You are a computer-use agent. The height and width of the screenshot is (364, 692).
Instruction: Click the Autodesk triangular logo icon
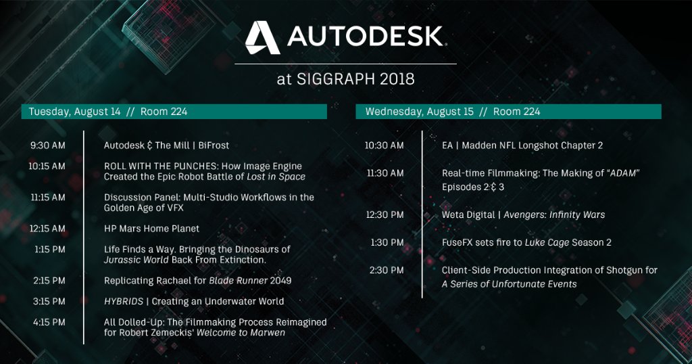coord(262,38)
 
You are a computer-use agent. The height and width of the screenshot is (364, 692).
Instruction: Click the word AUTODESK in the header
coord(365,37)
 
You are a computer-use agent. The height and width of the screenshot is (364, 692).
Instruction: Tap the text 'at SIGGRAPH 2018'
coord(345,78)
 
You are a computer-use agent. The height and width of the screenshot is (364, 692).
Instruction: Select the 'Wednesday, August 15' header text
coord(418,112)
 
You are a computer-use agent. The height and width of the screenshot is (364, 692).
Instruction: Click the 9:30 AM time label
coord(48,145)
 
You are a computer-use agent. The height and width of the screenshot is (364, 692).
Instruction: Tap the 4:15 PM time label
coord(49,323)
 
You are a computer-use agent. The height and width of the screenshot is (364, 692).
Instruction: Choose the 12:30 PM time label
coord(385,214)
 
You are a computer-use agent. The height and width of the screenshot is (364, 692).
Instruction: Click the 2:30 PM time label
coord(387,271)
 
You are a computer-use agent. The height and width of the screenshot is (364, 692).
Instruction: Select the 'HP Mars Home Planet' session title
coord(151,229)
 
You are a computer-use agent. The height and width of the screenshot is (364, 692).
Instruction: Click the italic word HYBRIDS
coord(125,301)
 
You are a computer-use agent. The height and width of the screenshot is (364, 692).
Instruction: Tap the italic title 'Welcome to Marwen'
coord(241,333)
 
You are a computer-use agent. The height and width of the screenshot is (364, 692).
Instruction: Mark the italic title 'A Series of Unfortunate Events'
coord(509,284)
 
